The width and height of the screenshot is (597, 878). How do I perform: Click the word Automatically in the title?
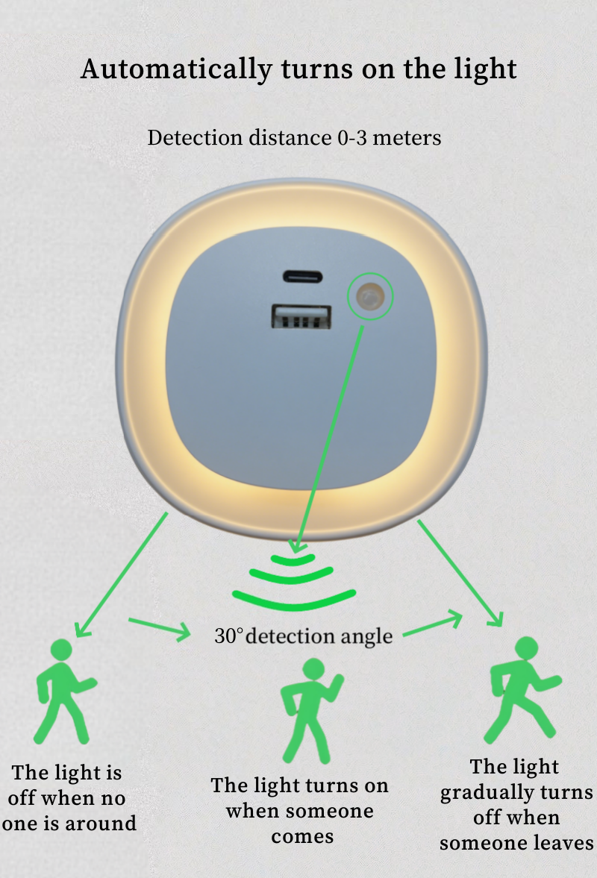pos(176,69)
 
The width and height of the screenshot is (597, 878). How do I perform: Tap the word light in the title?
pos(483,69)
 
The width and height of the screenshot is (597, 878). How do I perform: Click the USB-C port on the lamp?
pos(303,277)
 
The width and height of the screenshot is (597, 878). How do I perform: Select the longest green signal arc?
pos(294,597)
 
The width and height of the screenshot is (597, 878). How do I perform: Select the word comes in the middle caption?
pos(301,836)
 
